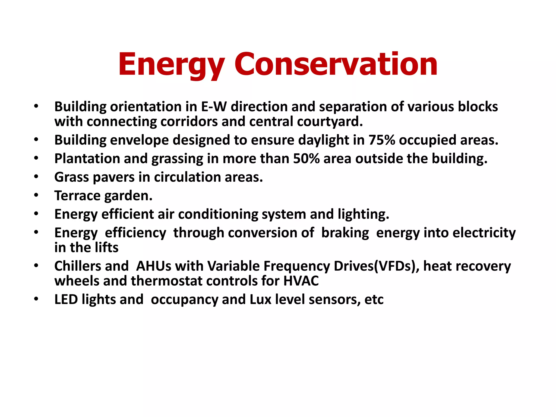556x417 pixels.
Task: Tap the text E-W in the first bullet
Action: pos(214,106)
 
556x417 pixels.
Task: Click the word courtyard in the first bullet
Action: pos(330,121)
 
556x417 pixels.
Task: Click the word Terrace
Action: pos(77,195)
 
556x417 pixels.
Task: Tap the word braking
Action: pos(345,233)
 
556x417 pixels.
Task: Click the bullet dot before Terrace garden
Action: pos(36,195)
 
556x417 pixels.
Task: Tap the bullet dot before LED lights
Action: pos(36,299)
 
